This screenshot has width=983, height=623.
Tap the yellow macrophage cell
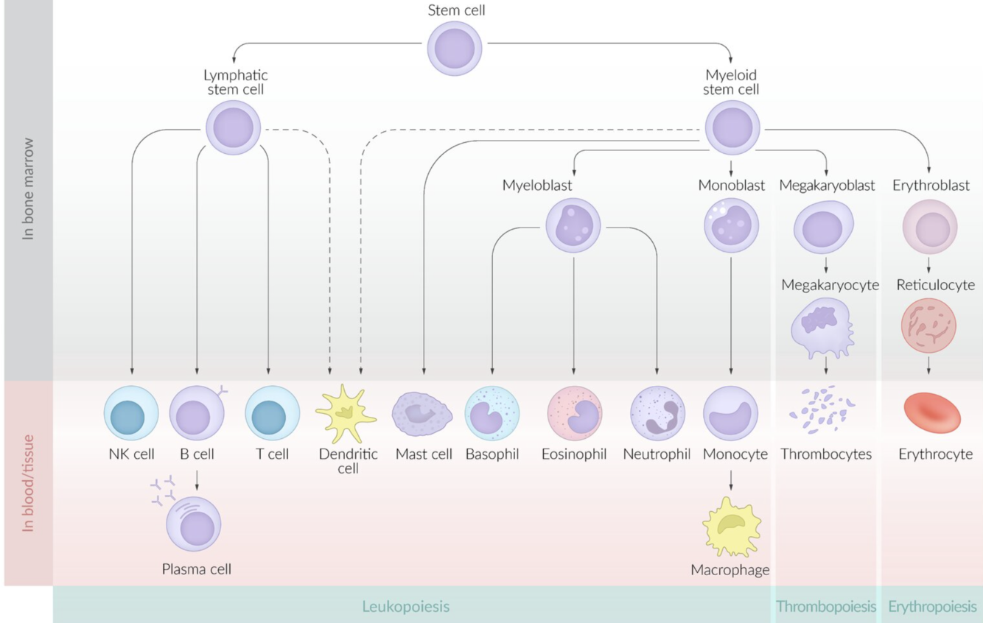(730, 526)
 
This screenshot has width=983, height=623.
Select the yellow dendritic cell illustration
(346, 413)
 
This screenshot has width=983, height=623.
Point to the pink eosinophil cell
(575, 413)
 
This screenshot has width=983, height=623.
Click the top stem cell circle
(455, 48)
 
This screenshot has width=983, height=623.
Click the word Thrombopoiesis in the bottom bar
(825, 607)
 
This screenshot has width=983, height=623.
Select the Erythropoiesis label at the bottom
(932, 607)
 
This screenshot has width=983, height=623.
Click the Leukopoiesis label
(405, 607)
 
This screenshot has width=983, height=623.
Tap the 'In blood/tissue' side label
(28, 482)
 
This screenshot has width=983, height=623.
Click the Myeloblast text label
(537, 186)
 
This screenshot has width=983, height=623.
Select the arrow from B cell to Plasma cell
(197, 479)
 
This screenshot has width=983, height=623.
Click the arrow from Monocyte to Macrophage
(730, 479)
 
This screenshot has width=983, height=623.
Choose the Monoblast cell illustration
(730, 224)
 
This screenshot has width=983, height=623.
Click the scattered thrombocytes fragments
(825, 410)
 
